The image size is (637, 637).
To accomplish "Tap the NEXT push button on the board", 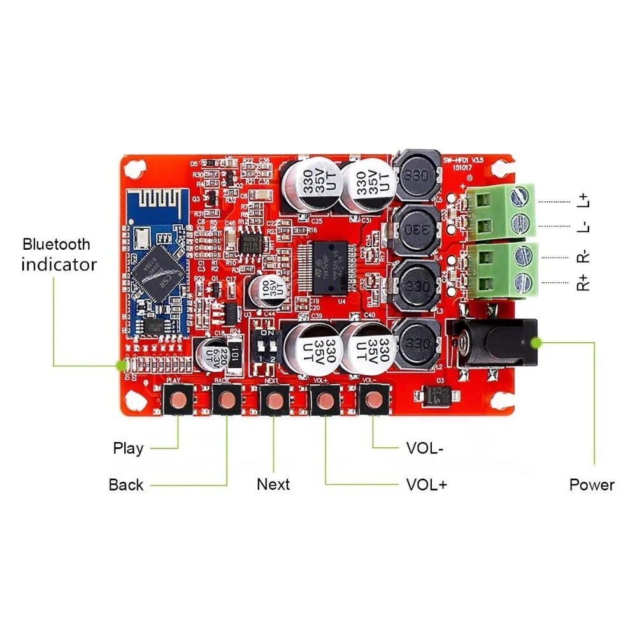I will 275,400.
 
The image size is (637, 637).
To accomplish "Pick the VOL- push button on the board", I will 373,400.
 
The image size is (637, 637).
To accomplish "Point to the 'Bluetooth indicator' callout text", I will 58,254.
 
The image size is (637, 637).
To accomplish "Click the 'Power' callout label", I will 592,485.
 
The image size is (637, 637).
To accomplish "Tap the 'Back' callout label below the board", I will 126,485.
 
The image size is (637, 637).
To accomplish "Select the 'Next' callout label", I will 273,484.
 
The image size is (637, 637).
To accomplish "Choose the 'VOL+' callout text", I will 427,485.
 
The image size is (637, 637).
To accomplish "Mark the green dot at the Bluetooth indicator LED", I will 119,366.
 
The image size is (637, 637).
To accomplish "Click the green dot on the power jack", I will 537,343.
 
